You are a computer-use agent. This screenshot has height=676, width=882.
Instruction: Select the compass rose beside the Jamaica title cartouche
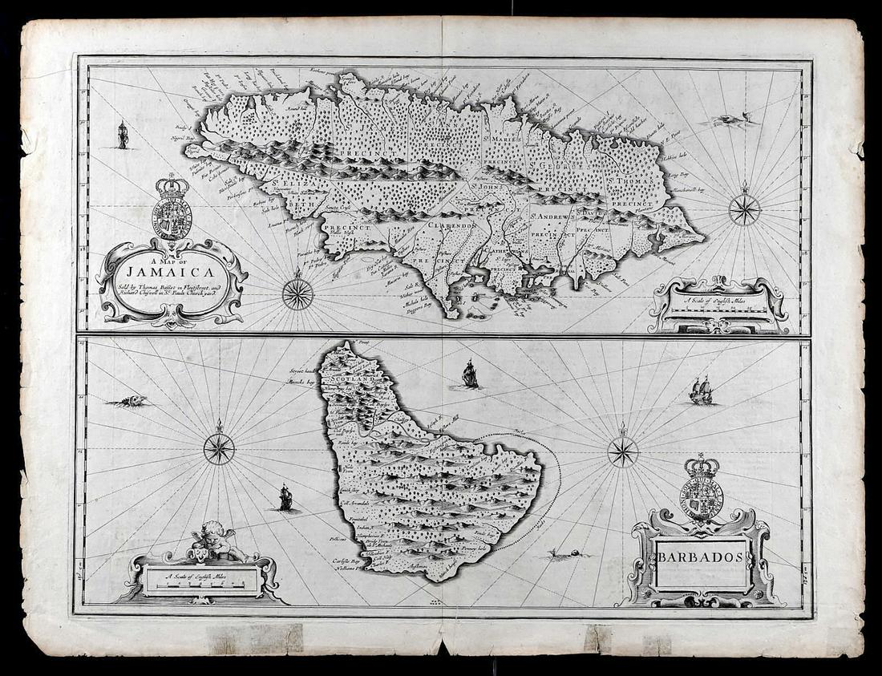(x=297, y=293)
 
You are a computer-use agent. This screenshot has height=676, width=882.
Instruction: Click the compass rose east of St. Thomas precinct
(x=745, y=209)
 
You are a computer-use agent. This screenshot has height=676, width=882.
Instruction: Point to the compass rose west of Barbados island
(x=219, y=448)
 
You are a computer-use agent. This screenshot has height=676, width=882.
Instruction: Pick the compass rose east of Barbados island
(x=623, y=451)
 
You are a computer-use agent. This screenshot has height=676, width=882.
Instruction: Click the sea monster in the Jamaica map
(x=731, y=120)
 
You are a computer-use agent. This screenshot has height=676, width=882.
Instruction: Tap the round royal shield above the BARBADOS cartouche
(x=702, y=498)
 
